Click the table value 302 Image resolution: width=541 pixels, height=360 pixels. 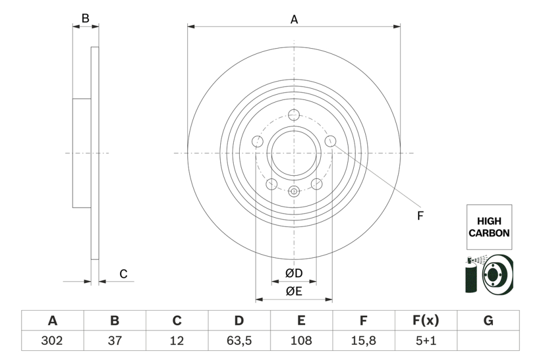click(x=52, y=341)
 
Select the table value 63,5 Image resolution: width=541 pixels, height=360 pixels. click(x=239, y=341)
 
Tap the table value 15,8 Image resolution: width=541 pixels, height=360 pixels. click(x=364, y=341)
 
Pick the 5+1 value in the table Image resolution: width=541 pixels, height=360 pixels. click(x=426, y=341)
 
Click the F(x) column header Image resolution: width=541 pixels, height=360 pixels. click(x=426, y=321)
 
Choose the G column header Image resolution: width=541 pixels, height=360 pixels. click(x=488, y=321)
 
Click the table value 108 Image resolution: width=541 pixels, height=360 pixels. click(x=301, y=341)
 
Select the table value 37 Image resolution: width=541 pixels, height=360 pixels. click(x=115, y=341)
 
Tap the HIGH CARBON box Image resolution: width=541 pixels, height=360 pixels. click(x=489, y=228)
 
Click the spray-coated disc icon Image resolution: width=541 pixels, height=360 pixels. click(x=489, y=274)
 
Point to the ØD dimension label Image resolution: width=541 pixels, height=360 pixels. click(x=294, y=274)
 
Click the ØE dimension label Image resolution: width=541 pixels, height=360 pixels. click(x=294, y=291)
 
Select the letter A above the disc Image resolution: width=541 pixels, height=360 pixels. click(x=294, y=19)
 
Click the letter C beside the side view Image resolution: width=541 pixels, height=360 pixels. click(x=123, y=274)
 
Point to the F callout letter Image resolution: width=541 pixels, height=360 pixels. click(x=420, y=216)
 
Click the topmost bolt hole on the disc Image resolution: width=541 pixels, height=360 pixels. click(x=294, y=115)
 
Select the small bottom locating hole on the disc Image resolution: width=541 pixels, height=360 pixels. click(x=294, y=191)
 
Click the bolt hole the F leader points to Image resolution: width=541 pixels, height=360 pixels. click(x=330, y=141)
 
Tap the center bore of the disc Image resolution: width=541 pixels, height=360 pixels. click(x=294, y=153)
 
